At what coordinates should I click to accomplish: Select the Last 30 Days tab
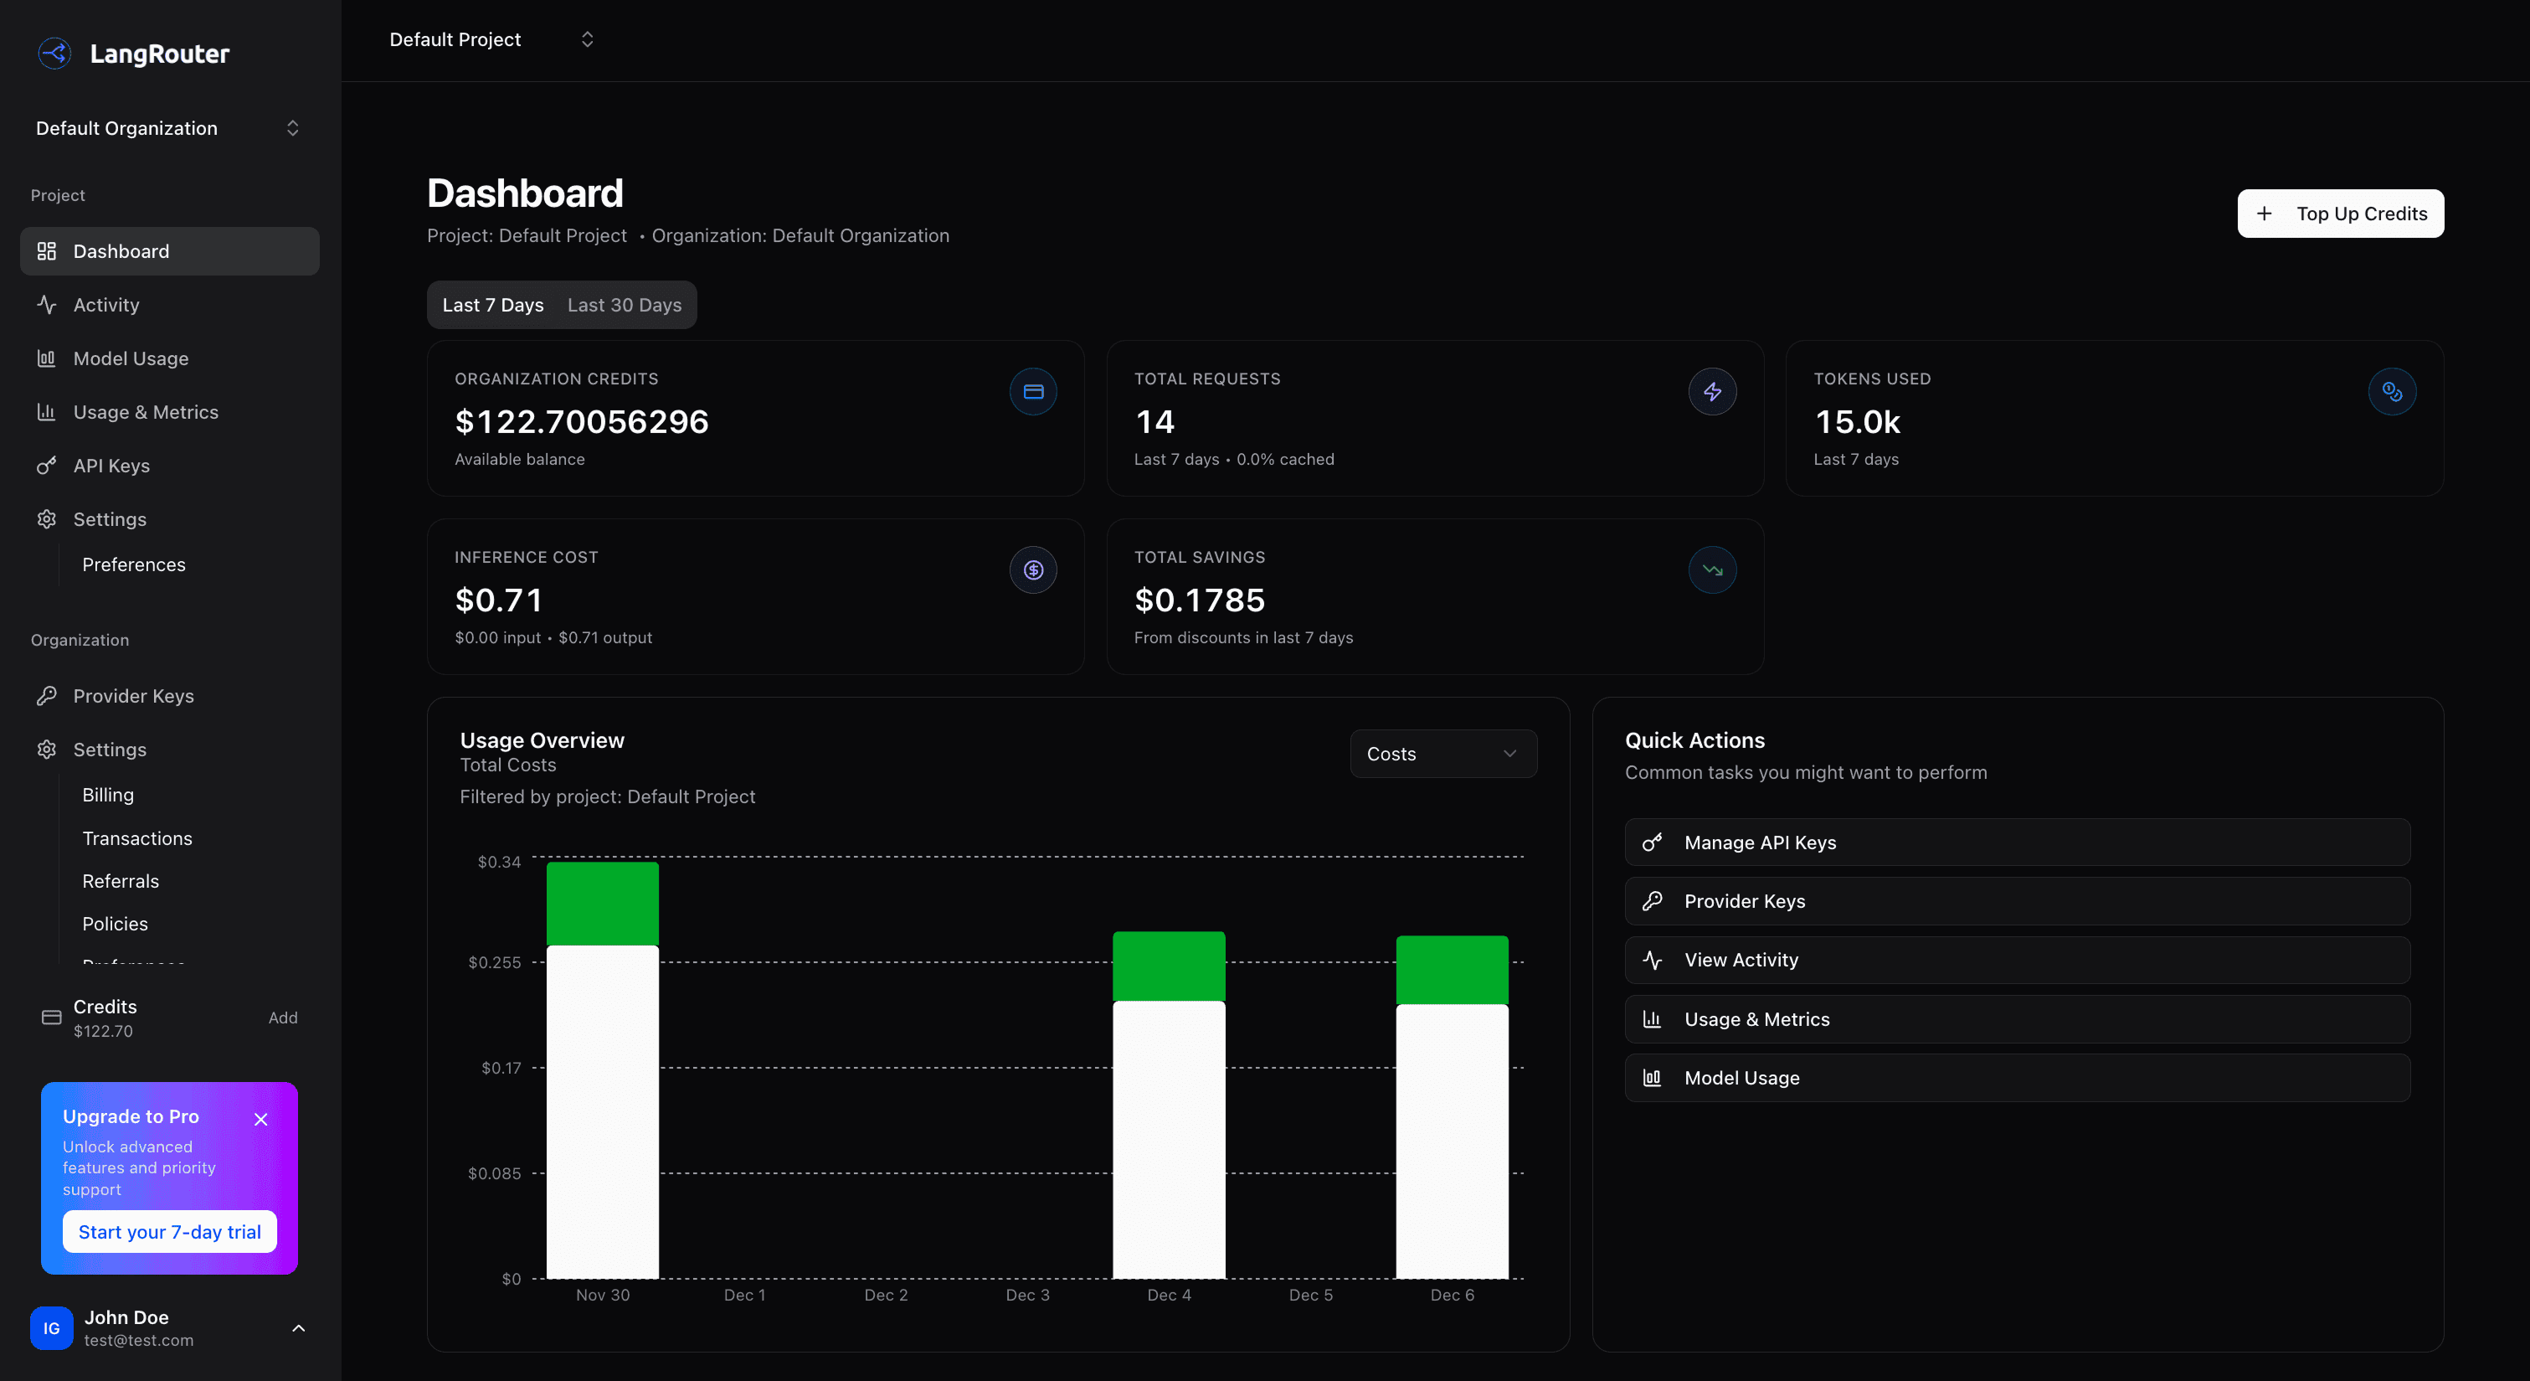pos(624,305)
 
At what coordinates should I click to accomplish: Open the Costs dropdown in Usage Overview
pos(1442,754)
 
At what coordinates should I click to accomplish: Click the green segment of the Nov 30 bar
pos(602,904)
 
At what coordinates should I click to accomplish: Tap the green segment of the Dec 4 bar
pos(1168,966)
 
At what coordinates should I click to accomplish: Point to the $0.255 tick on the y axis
pos(494,962)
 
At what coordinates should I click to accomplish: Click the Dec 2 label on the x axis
pos(885,1295)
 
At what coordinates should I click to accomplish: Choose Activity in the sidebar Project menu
pos(106,305)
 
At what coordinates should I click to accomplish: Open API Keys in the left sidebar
pos(111,466)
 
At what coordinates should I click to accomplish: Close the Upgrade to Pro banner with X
pos(260,1119)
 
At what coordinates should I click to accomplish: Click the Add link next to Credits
pos(283,1018)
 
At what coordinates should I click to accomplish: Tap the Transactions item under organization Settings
pos(136,837)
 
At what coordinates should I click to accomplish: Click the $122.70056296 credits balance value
pos(581,421)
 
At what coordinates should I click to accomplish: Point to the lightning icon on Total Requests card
pos(1712,392)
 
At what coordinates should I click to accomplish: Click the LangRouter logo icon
pos(54,53)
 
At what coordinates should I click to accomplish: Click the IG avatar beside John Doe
pos(51,1328)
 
